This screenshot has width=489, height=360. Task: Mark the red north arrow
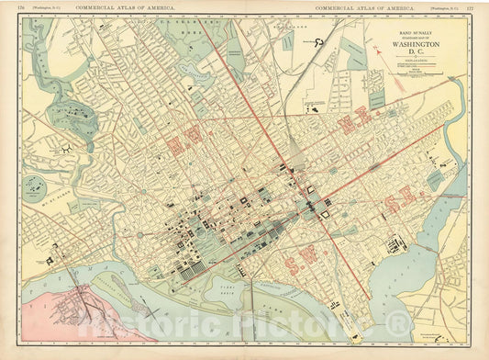pos(378,51)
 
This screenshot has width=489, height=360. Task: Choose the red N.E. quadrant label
pos(353,122)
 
